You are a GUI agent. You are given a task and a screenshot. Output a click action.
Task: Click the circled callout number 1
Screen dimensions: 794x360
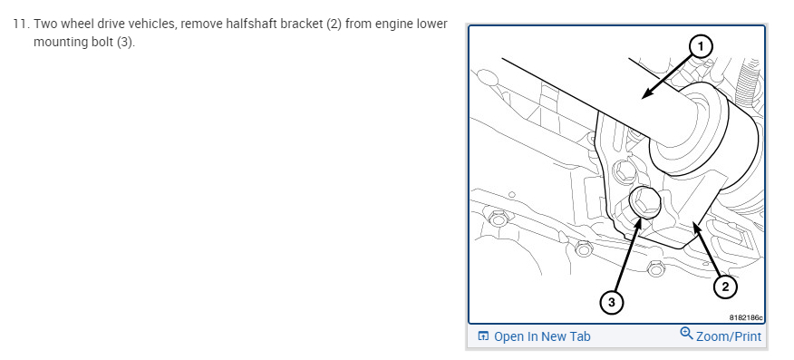pyautogui.click(x=701, y=47)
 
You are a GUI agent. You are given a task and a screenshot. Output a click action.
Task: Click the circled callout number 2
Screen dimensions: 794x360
pyautogui.click(x=725, y=287)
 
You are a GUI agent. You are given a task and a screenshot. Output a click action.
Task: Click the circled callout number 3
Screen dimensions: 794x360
pyautogui.click(x=612, y=303)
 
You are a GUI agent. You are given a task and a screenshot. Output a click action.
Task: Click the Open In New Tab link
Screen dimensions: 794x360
pyautogui.click(x=542, y=336)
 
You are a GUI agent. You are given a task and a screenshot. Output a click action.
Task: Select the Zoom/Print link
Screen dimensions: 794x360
pyautogui.click(x=729, y=336)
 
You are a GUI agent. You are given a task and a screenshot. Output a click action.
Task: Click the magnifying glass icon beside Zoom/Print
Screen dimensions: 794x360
pyautogui.click(x=686, y=333)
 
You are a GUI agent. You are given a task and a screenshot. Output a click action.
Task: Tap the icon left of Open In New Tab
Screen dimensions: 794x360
pyautogui.click(x=484, y=336)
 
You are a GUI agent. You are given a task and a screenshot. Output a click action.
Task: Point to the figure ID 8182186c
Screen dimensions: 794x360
pyautogui.click(x=746, y=317)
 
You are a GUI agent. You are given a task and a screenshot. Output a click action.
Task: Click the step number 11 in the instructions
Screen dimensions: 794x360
pyautogui.click(x=21, y=24)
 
